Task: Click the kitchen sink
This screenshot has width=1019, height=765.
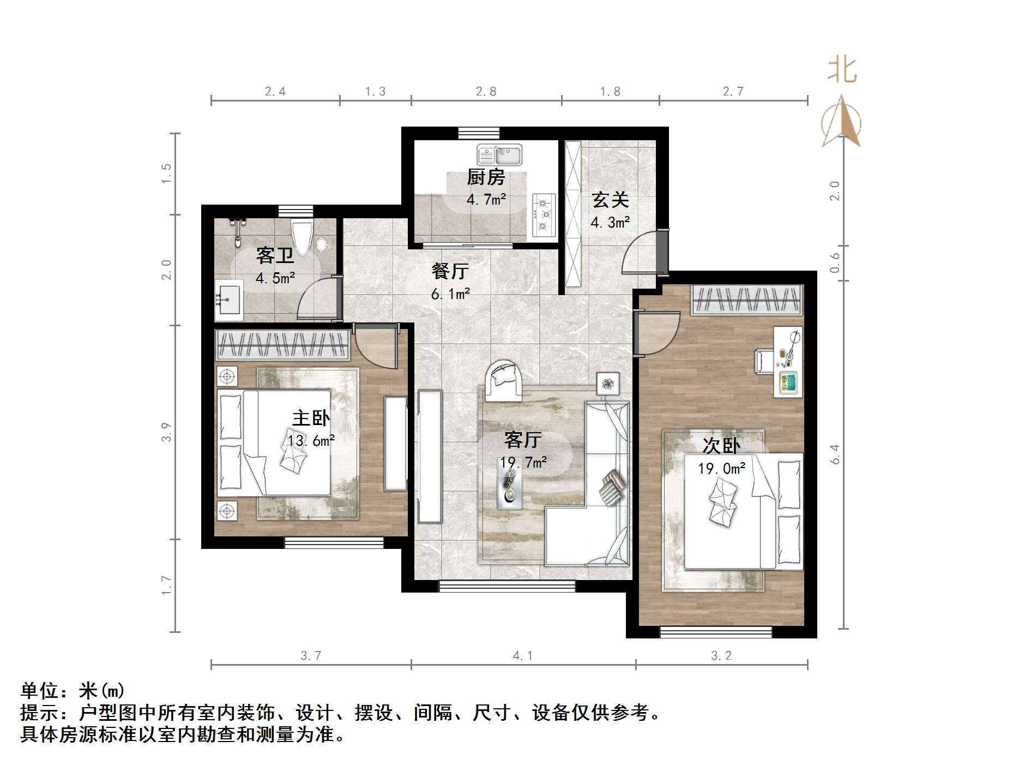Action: [x=499, y=154]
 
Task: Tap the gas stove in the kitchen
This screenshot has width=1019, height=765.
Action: [x=543, y=215]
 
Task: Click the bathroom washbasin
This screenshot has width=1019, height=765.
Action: [x=229, y=300]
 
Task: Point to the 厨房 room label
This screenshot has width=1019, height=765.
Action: [x=486, y=177]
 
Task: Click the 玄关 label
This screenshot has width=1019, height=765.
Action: [x=611, y=200]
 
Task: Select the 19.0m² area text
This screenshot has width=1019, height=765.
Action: [x=722, y=468]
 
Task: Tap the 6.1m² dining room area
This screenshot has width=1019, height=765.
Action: [x=450, y=294]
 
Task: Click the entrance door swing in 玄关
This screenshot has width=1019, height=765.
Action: [x=642, y=252]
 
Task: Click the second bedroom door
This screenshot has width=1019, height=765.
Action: [x=658, y=333]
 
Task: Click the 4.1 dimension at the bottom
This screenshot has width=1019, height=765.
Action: [x=522, y=655]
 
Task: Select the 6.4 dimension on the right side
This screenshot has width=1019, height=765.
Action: [x=835, y=454]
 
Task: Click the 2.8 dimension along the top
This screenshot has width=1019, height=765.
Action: [x=486, y=91]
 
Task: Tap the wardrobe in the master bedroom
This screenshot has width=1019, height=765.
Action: [x=282, y=345]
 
